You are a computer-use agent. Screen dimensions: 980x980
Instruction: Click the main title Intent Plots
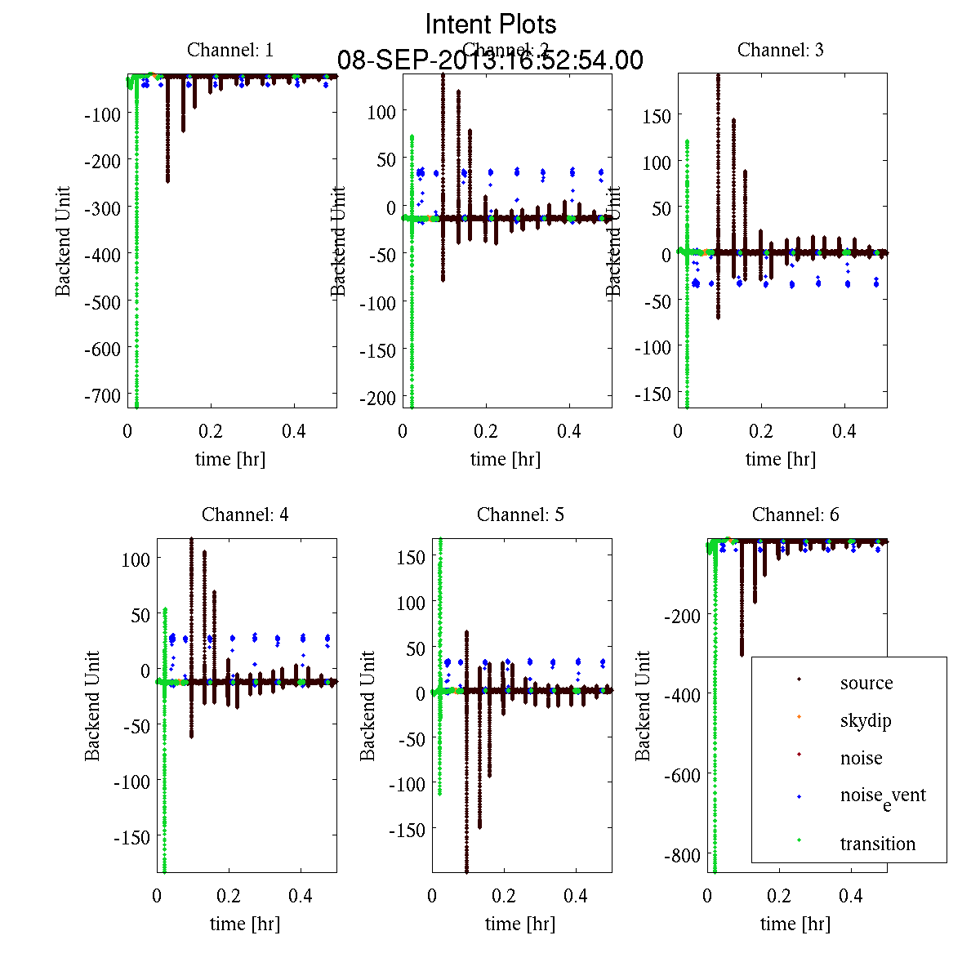coord(491,24)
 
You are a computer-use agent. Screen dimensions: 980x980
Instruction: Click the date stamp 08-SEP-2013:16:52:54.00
coord(490,60)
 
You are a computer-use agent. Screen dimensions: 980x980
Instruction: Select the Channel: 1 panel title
coord(230,50)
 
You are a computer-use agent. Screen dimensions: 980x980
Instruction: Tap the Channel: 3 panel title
coord(781,50)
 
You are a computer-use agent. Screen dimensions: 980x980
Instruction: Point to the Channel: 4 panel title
coord(245,514)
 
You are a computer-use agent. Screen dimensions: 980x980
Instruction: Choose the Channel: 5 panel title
coord(520,514)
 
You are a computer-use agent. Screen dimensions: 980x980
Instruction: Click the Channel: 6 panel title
coord(795,514)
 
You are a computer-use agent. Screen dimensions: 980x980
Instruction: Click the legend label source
coord(866,683)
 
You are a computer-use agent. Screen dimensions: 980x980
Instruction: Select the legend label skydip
coord(866,720)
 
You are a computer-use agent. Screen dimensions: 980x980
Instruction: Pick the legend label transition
coord(878,844)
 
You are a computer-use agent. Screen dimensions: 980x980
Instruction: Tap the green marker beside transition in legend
coord(799,840)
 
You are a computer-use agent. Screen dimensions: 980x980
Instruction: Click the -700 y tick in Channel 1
coord(103,394)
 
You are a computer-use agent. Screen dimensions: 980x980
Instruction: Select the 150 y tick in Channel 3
coord(656,116)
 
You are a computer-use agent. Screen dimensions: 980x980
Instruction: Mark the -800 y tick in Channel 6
coord(682,856)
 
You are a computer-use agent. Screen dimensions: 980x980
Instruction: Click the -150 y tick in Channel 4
coord(131,837)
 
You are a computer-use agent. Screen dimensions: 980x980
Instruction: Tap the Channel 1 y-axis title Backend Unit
coord(63,241)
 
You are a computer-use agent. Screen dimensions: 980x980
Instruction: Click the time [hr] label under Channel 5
coord(520,924)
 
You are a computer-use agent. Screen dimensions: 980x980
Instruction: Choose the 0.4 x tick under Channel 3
coord(844,430)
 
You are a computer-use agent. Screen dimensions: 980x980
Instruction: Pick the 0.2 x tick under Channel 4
coord(229,895)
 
